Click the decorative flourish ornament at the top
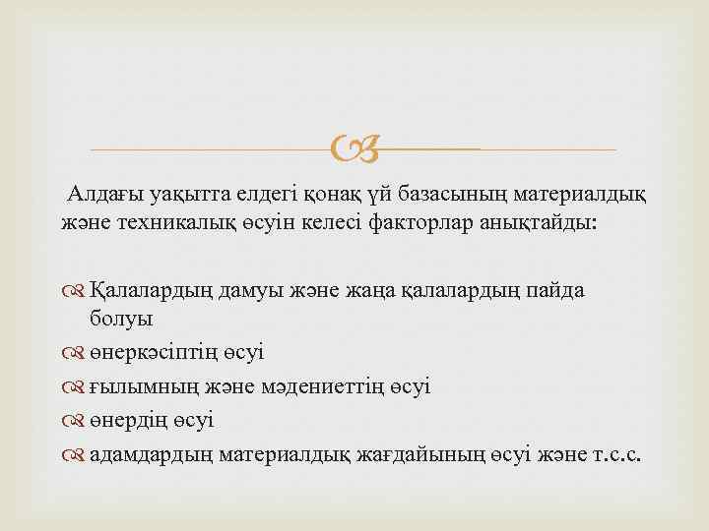(x=354, y=150)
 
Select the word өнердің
(x=131, y=421)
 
